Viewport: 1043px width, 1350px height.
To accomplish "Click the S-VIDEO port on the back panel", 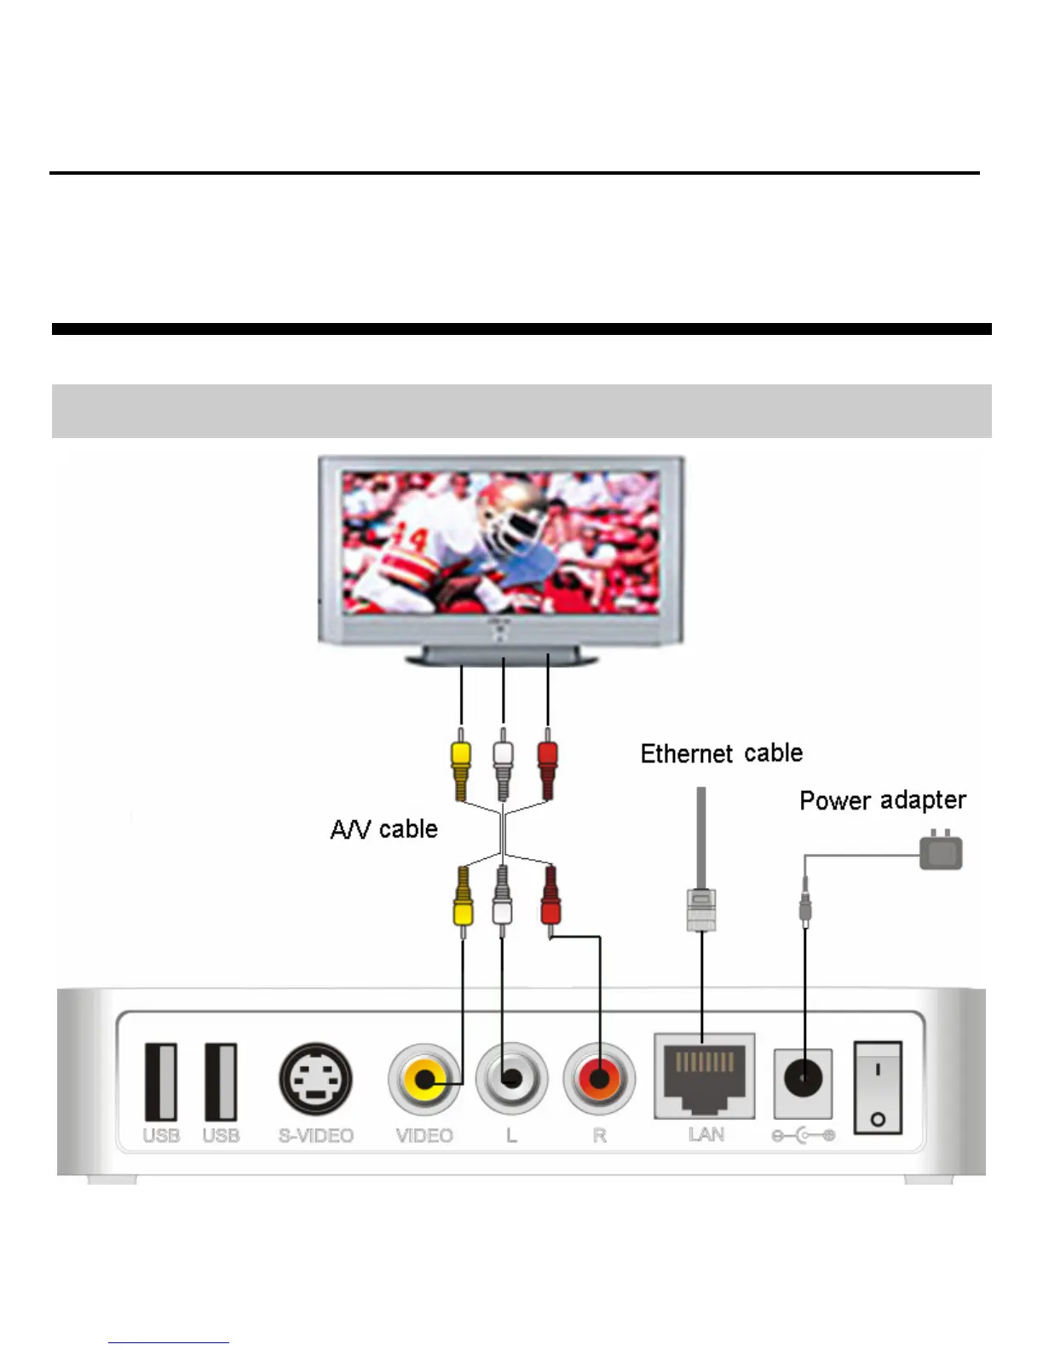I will click(315, 1079).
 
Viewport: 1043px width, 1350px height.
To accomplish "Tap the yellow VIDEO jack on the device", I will click(424, 1080).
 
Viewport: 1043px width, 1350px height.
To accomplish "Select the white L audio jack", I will click(511, 1080).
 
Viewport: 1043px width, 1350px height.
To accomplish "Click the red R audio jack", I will click(599, 1080).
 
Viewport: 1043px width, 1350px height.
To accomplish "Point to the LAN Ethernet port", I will click(704, 1076).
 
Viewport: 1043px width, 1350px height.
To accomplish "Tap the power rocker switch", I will click(878, 1087).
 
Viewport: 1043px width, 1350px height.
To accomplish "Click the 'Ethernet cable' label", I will click(721, 753).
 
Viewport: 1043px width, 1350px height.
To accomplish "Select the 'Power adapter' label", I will click(882, 800).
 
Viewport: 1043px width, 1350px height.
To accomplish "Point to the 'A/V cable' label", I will click(383, 829).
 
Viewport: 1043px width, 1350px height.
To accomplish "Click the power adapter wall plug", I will click(941, 851).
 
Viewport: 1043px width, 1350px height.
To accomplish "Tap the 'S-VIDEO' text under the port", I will click(315, 1136).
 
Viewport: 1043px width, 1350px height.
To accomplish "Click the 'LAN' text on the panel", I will click(706, 1134).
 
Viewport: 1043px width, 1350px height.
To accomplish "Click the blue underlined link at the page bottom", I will click(168, 1341).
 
